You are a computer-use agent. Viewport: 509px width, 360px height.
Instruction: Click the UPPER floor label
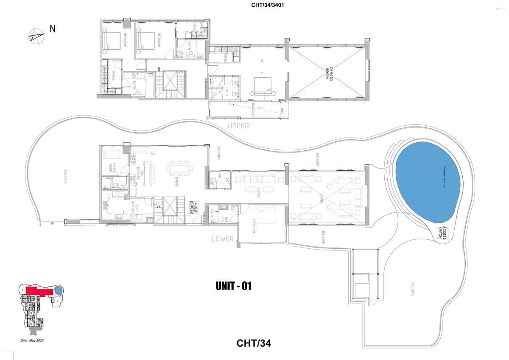(x=238, y=126)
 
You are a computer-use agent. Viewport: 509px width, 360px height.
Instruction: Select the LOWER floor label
(x=223, y=239)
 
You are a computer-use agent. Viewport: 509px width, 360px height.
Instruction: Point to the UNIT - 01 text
(x=233, y=287)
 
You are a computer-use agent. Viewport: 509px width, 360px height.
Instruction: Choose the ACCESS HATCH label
(x=443, y=232)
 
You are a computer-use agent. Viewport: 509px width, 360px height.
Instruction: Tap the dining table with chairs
(x=180, y=168)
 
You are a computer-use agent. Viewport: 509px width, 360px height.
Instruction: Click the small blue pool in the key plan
(x=58, y=291)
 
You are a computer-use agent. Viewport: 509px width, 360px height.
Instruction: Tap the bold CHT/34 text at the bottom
(x=254, y=343)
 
